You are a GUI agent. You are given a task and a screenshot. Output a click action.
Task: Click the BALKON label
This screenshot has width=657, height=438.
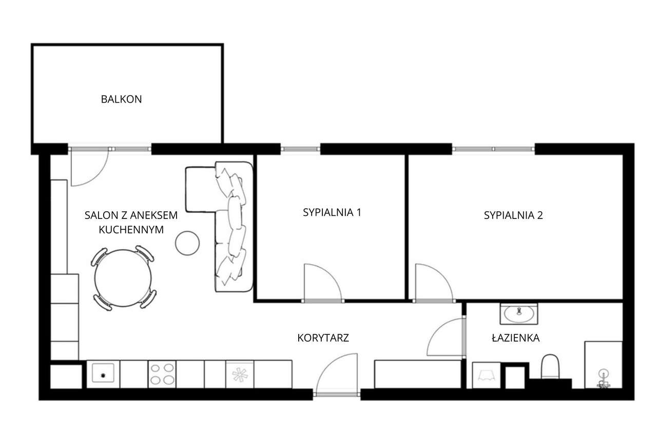tap(121, 99)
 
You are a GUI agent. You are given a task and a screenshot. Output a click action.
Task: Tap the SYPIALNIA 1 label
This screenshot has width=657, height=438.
tap(332, 212)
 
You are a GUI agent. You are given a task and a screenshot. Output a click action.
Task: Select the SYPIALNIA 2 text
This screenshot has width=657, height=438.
tap(513, 215)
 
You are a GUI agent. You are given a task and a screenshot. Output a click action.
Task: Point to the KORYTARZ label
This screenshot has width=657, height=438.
tap(323, 338)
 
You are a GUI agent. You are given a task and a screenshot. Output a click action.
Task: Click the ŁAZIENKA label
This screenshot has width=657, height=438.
tap(515, 338)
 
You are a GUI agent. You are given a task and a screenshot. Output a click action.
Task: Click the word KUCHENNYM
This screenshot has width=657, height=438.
tap(131, 230)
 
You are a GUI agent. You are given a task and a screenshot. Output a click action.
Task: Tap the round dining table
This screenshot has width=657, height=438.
tap(123, 278)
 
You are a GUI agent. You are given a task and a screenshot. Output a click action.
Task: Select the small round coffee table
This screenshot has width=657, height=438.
tap(187, 243)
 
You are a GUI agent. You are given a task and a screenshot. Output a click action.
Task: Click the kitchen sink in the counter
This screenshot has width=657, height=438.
tap(103, 373)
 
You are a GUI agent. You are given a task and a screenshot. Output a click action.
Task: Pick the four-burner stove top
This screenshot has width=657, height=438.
tap(162, 374)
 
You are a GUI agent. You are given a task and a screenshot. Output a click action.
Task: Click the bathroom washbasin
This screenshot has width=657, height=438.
tap(519, 314)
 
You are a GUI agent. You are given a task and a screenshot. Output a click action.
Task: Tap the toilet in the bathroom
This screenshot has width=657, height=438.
tap(550, 367)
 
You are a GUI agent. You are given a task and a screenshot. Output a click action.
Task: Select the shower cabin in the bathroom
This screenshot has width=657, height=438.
tap(603, 365)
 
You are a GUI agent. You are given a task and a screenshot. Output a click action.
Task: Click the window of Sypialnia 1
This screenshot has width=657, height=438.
tap(300, 149)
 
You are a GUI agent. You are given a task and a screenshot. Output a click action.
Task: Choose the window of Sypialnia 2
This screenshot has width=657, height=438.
tap(493, 149)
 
